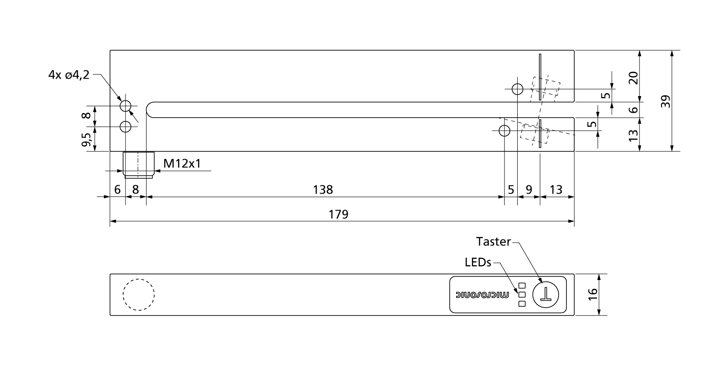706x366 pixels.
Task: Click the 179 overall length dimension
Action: tap(339, 215)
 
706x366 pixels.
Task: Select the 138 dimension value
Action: tap(323, 190)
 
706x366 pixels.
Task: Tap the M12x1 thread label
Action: tap(182, 163)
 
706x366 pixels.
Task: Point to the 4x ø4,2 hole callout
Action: tap(69, 75)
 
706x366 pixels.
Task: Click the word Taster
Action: tap(493, 242)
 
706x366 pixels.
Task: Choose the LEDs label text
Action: tap(478, 262)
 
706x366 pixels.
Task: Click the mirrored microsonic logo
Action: tap(482, 295)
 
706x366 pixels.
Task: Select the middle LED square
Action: tap(522, 295)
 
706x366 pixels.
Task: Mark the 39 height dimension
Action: tap(665, 101)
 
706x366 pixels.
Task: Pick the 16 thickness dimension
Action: tap(593, 294)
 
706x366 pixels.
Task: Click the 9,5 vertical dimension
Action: tap(86, 139)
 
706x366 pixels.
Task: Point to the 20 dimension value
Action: tap(633, 78)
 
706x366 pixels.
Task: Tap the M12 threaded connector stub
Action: tap(139, 165)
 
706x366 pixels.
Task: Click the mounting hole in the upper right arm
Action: tap(518, 89)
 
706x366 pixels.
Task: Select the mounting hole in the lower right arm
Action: tap(505, 131)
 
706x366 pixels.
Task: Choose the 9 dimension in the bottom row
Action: tap(529, 190)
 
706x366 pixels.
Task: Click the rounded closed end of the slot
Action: tap(147, 110)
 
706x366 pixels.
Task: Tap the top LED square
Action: tap(522, 286)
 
